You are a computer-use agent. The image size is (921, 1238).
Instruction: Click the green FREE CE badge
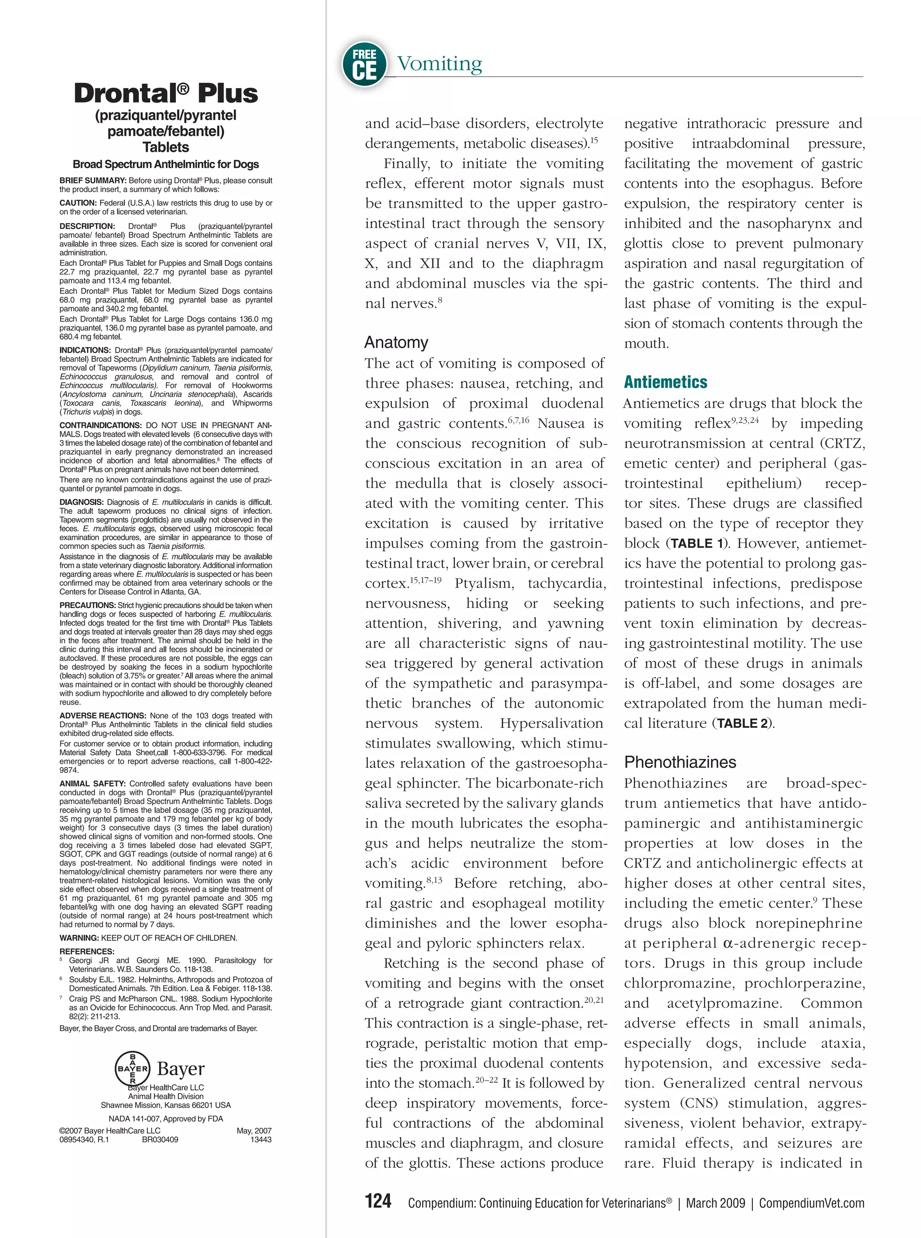click(x=364, y=64)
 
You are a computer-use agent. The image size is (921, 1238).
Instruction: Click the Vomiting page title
click(x=439, y=63)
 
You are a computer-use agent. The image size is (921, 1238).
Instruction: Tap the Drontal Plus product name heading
click(x=165, y=93)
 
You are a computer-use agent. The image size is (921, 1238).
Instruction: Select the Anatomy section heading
click(x=396, y=342)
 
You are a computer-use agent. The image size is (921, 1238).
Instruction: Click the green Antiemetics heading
click(x=665, y=382)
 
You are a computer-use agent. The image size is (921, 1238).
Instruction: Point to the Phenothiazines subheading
click(x=680, y=762)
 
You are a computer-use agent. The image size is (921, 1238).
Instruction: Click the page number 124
click(x=378, y=1201)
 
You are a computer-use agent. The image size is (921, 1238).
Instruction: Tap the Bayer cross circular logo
click(x=132, y=1069)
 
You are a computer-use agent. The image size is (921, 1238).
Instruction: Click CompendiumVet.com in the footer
click(x=811, y=1203)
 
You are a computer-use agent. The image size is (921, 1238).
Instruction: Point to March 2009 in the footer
click(x=715, y=1203)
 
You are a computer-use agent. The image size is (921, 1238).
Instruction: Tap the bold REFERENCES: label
click(x=87, y=951)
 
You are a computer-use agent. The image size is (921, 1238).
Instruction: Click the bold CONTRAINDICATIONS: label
click(x=100, y=425)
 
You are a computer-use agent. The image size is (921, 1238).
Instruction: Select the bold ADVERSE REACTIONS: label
click(x=103, y=715)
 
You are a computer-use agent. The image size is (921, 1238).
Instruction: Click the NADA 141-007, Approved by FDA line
click(x=165, y=1119)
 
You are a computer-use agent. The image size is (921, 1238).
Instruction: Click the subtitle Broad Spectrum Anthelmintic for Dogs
click(x=165, y=165)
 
